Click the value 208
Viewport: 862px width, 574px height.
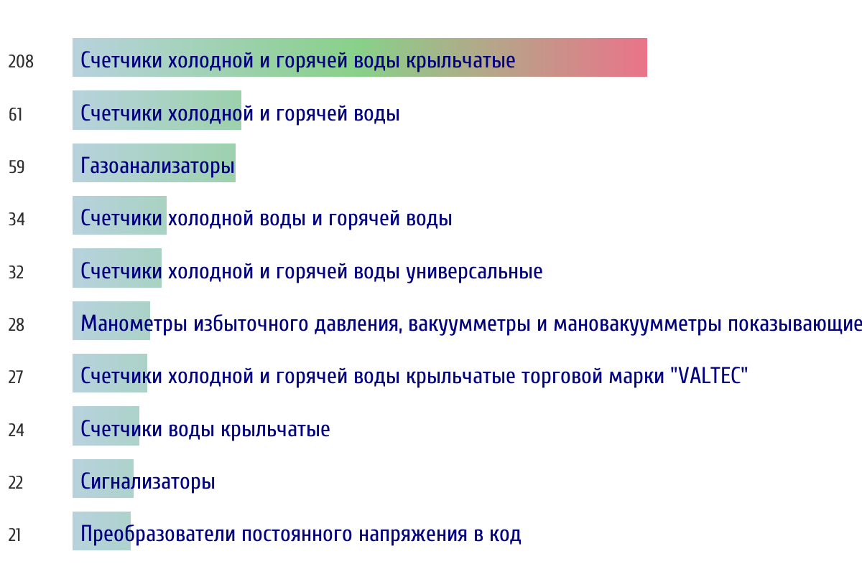[21, 62]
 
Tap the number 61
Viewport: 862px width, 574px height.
[15, 115]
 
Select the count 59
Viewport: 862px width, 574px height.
[17, 167]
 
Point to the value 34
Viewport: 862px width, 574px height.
[17, 219]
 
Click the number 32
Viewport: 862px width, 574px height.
[16, 272]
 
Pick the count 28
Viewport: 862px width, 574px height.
[17, 324]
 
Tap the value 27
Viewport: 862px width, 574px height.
[16, 377]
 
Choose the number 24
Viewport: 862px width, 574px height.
[16, 430]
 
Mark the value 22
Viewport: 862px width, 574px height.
[16, 482]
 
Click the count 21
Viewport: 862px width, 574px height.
[14, 535]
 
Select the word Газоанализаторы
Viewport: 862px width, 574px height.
[157, 166]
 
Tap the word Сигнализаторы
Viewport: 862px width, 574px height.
[148, 481]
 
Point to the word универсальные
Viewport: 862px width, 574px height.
[475, 271]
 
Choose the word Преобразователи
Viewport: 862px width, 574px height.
[158, 534]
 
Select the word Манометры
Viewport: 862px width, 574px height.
[134, 324]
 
